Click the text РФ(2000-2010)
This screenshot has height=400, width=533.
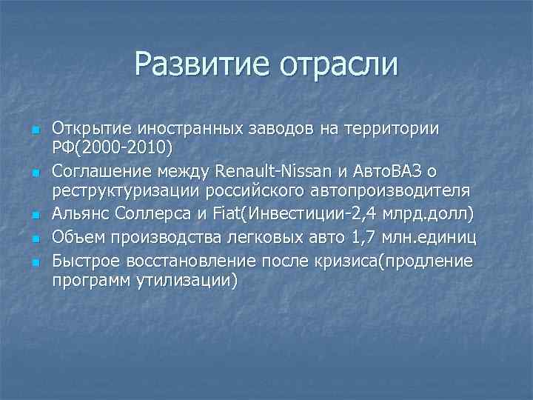112,148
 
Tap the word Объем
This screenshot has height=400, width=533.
78,236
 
